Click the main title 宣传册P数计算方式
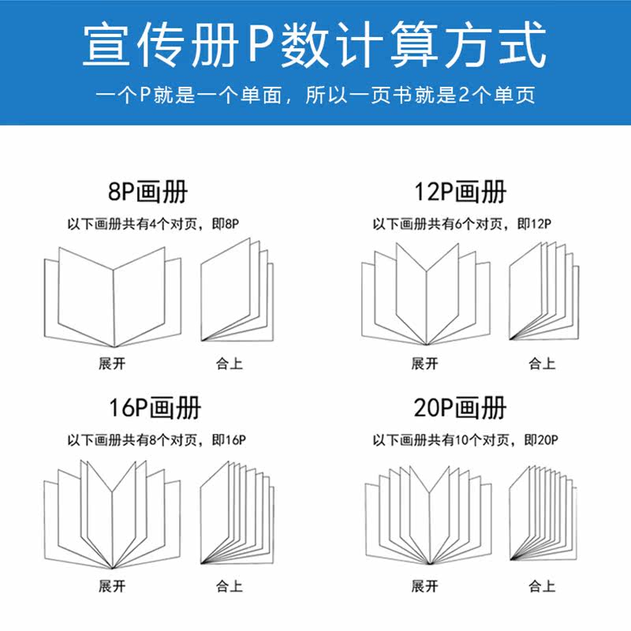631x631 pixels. [x=315, y=46]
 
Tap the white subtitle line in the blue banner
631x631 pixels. [x=315, y=96]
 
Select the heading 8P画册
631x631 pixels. [x=148, y=192]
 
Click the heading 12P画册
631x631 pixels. [x=460, y=192]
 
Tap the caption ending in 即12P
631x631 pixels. [x=461, y=225]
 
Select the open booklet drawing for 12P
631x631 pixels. [x=426, y=296]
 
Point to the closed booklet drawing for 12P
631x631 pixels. [x=543, y=292]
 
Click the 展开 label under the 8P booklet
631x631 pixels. [x=112, y=364]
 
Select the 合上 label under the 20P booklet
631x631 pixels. [x=542, y=586]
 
